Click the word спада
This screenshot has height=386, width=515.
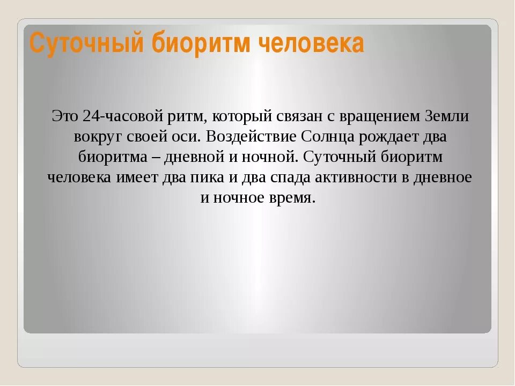click(x=278, y=177)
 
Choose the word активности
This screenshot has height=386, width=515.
click(x=348, y=177)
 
